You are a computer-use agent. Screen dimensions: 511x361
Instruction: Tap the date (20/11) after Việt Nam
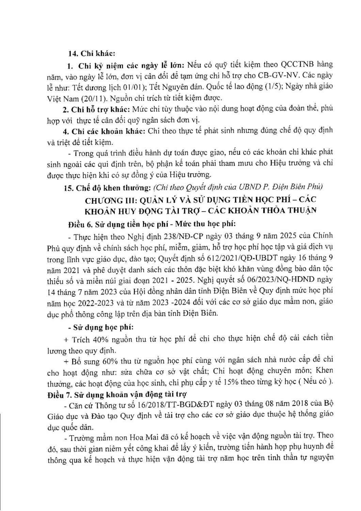(83, 98)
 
